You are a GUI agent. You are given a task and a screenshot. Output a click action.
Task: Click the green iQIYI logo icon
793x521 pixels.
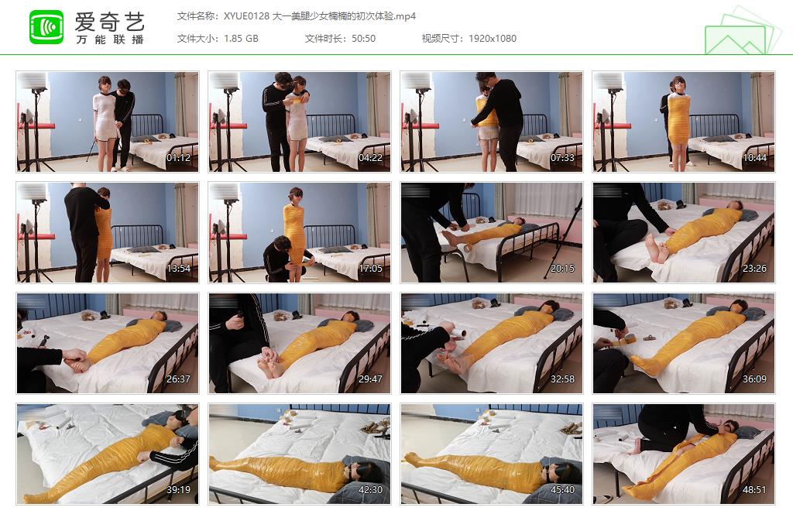(46, 27)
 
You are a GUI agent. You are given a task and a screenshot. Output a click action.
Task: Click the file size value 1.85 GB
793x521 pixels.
(241, 39)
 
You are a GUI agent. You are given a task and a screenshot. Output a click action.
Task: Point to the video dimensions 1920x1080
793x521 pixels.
(492, 39)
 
